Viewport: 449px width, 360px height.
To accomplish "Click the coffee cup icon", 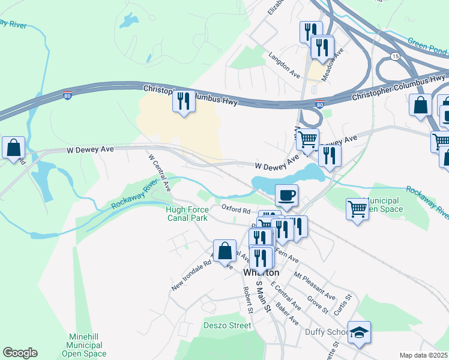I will coord(287,195).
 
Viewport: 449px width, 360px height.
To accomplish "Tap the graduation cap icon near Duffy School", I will coord(359,333).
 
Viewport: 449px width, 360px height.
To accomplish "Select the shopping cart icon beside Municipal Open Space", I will coord(357,209).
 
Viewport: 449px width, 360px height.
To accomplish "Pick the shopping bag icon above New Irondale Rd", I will coord(224,251).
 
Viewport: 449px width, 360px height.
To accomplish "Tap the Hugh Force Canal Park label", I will coord(187,213).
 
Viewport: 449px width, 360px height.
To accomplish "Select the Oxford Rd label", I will coord(235,210).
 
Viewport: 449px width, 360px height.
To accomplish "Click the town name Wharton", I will coord(262,272).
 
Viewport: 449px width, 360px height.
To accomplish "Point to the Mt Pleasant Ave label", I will coord(315,286).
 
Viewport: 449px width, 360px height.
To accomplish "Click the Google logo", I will coord(20,353).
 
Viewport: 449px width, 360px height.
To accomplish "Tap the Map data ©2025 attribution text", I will coord(424,355).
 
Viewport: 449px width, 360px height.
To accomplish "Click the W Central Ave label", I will coord(160,172).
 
